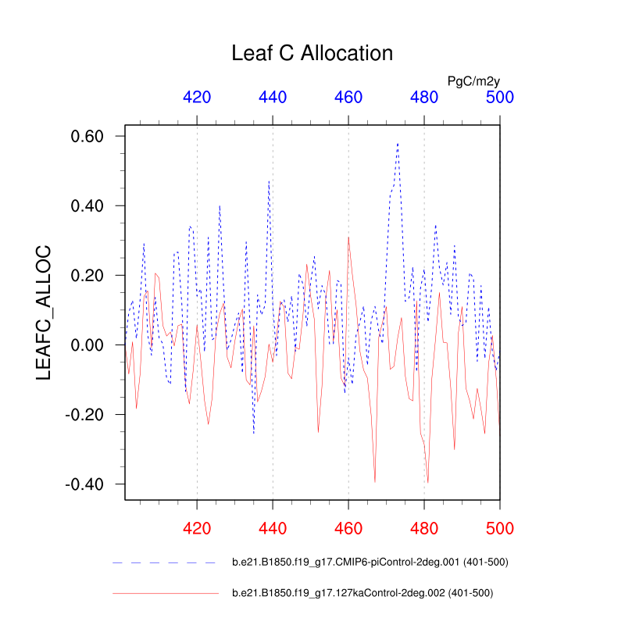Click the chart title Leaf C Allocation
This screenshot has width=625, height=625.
[312, 53]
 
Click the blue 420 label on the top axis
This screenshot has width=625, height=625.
[197, 97]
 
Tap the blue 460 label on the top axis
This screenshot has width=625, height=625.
[348, 97]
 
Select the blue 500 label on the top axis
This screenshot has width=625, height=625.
[500, 97]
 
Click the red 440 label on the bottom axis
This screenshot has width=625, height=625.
[273, 529]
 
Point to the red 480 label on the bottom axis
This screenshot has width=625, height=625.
[424, 529]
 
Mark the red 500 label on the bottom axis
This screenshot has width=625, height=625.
[500, 529]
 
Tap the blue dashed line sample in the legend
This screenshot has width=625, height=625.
[164, 562]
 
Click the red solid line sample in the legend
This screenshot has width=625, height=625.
[164, 594]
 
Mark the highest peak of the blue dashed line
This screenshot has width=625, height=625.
[398, 144]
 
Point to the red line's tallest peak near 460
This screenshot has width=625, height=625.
[348, 237]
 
